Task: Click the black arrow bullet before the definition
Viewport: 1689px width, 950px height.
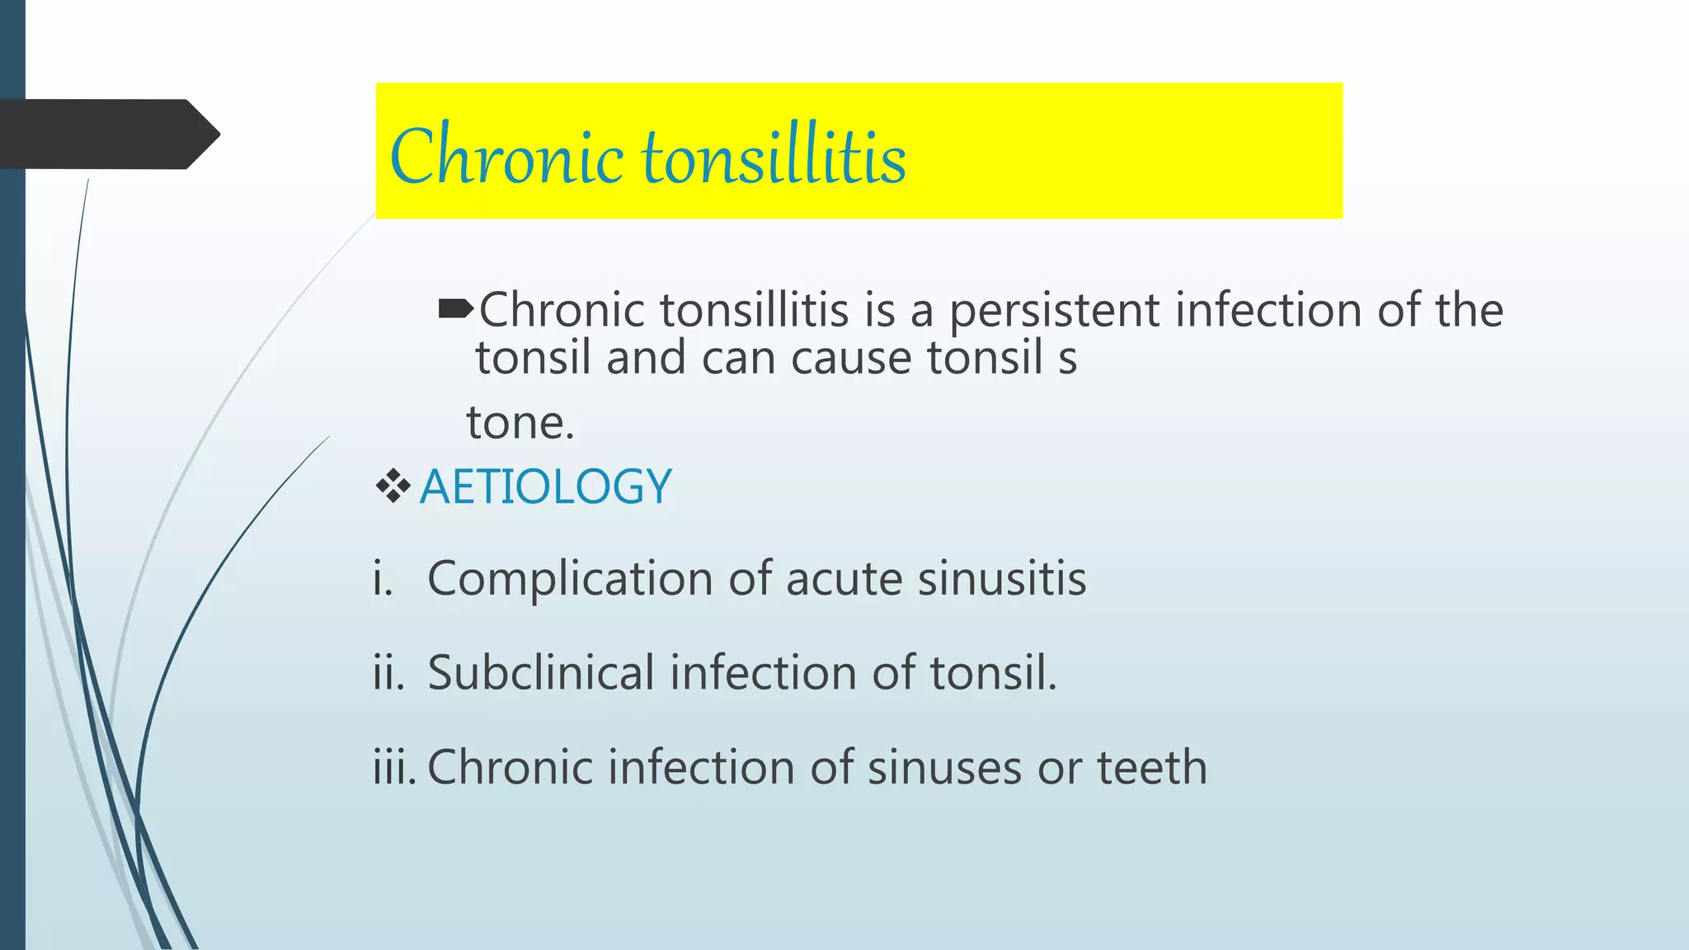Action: click(x=455, y=310)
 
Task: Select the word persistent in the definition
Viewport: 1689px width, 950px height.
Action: click(x=1054, y=312)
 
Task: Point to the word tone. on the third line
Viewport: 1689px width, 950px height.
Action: click(x=520, y=423)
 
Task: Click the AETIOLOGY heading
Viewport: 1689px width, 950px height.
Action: click(x=545, y=487)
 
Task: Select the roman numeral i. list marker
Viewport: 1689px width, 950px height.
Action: click(x=382, y=578)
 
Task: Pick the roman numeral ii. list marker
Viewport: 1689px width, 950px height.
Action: click(x=388, y=672)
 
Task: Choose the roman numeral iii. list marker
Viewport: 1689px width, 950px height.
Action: click(x=394, y=767)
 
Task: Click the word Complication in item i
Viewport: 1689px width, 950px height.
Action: click(x=570, y=579)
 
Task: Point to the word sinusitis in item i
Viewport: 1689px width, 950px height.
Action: click(x=1002, y=578)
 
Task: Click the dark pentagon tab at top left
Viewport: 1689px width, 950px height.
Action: click(x=107, y=134)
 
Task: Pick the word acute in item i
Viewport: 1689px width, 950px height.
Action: click(x=844, y=579)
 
